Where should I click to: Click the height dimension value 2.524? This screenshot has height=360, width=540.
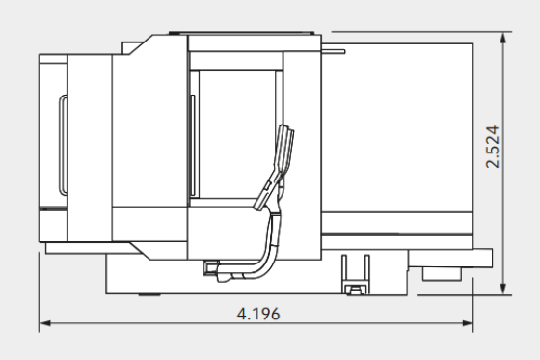492,152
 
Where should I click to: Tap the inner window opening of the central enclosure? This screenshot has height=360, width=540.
236,135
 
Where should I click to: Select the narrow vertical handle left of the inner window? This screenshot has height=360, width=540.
191,145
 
